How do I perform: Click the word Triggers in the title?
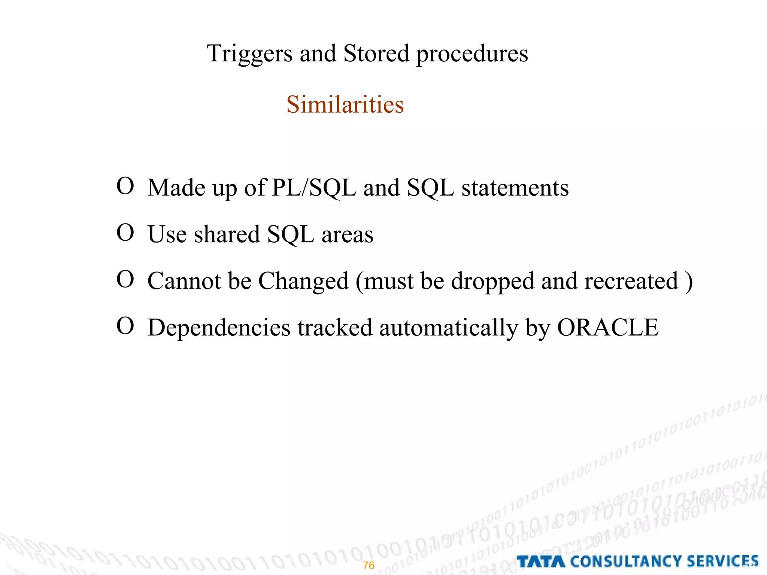pos(249,54)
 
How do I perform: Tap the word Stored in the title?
pos(376,54)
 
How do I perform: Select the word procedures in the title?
pos(472,54)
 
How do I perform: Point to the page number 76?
pos(369,565)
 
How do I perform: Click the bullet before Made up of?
pos(125,186)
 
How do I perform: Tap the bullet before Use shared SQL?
pos(125,232)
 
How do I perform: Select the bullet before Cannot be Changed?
pos(125,279)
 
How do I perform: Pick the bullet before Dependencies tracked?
pos(125,326)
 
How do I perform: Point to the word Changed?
pos(303,281)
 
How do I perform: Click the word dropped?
pos(492,281)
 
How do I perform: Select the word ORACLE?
pos(607,328)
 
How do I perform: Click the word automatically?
pos(448,328)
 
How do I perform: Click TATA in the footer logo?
pos(540,562)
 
